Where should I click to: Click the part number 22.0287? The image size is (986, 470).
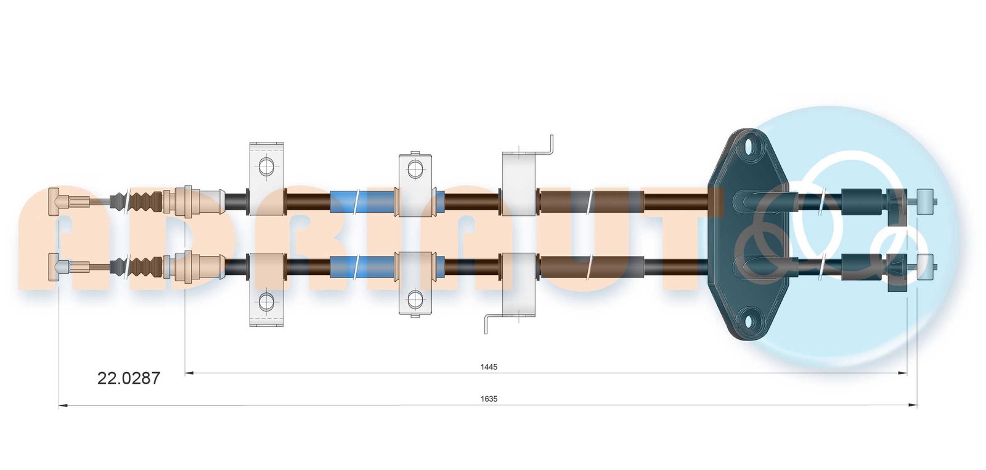pos(129,378)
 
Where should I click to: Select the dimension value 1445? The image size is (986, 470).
pos(489,367)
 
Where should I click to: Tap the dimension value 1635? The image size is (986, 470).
pos(489,399)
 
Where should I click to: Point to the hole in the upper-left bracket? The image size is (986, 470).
pos(266,167)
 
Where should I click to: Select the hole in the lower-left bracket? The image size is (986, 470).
pos(266,301)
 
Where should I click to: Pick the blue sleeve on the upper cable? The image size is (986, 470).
pos(363,203)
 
